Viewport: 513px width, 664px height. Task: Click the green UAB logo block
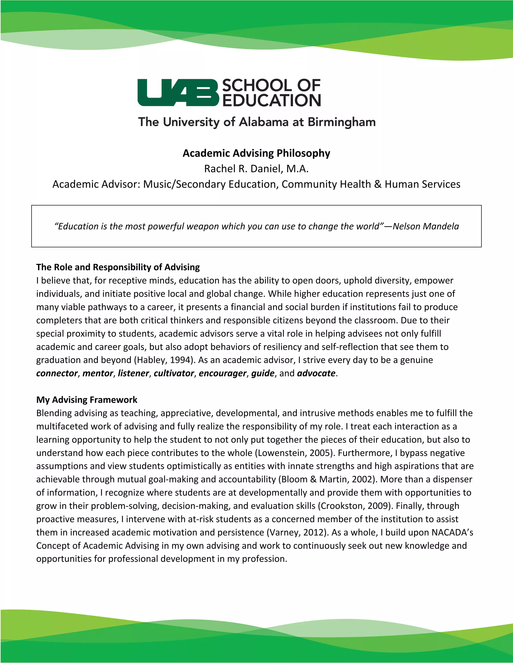coord(178,92)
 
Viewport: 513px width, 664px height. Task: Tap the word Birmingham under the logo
coord(342,122)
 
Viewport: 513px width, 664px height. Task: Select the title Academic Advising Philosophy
coord(256,153)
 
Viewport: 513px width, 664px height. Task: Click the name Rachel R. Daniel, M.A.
coord(256,168)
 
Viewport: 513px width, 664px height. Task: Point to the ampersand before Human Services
coord(378,184)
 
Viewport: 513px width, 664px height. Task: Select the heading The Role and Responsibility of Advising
coord(118,267)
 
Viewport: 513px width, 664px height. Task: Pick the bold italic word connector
coord(57,373)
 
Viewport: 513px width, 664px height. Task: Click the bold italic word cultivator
coord(174,373)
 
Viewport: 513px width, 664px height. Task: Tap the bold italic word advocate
coord(316,373)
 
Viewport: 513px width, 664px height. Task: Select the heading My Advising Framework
coord(87,399)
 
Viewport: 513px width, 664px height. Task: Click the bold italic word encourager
coord(222,373)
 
